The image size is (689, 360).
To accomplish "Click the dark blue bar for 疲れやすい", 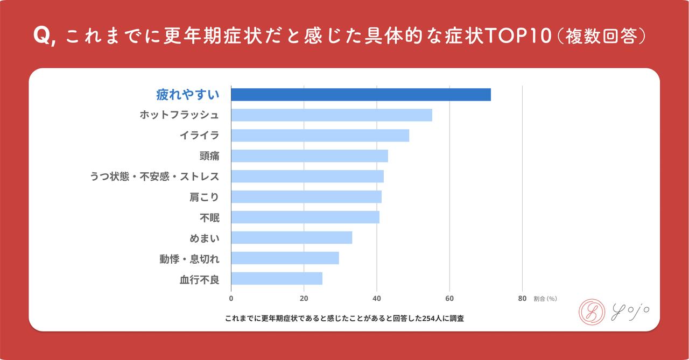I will pos(361,95).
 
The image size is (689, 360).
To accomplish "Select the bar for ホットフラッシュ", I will pos(332,115).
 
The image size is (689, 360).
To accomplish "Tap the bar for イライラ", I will pos(320,136).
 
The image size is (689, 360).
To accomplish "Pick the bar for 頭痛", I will pos(310,156).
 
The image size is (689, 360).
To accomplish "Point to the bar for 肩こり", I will pos(306,197).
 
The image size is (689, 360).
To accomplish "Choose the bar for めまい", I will pos(291,238).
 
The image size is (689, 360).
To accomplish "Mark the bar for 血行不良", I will pos(277,279).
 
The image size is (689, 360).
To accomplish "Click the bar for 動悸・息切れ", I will pos(285,258).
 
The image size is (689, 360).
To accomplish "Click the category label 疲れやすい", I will pos(187,95).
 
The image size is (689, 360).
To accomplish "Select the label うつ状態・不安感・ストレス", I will pos(154,177).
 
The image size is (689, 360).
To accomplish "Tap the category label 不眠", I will pos(209,217).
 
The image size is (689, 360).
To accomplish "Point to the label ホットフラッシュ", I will pos(179,115).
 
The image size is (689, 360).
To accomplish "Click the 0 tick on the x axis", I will pos(231,299).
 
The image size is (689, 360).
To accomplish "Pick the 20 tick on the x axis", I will pos(304,299).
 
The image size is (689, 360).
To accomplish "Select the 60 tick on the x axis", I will pos(449,299).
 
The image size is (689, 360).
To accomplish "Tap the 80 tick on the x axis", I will pos(522,299).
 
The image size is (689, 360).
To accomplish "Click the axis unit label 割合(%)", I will pos(545,299).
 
